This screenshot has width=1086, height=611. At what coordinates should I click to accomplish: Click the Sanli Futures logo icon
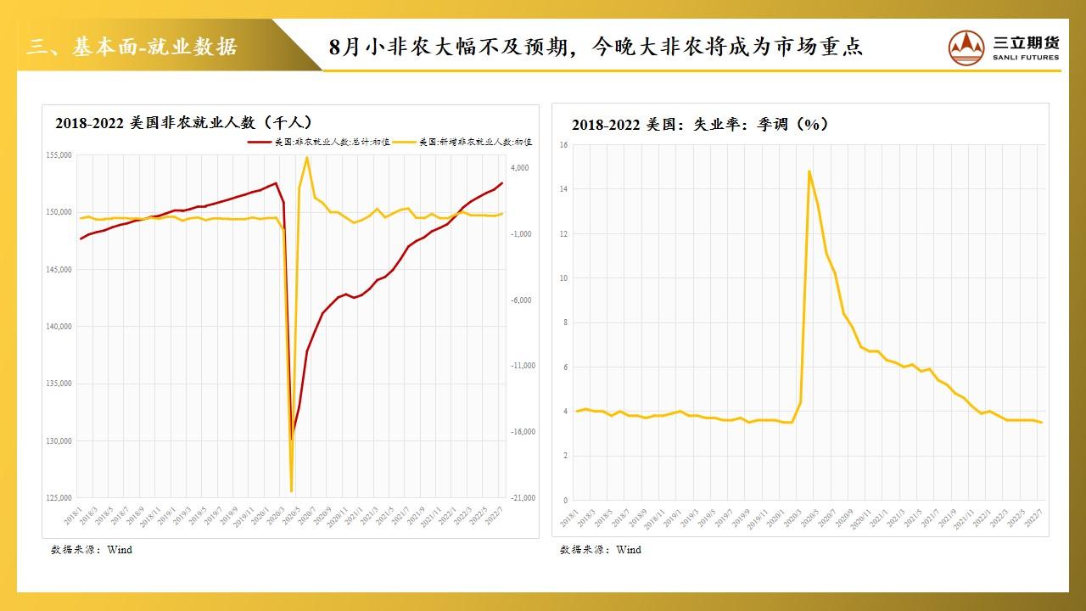[966, 47]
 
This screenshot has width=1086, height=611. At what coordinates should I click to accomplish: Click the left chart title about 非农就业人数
[184, 122]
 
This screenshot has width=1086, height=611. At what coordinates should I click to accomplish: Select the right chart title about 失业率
[700, 125]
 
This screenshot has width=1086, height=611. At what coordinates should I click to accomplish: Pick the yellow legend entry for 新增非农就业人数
[467, 141]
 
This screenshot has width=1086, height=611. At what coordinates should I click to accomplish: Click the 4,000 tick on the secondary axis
[518, 168]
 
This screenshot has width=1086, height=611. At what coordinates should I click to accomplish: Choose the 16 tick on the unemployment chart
[563, 145]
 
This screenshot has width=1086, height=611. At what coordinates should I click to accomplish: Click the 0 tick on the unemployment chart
[564, 501]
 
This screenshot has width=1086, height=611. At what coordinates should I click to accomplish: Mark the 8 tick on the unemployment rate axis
[564, 322]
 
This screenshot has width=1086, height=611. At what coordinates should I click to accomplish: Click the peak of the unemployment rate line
[809, 171]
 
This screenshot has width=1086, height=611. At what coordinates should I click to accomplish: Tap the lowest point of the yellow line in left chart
[291, 490]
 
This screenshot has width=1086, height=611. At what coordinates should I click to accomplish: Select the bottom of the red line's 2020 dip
[291, 439]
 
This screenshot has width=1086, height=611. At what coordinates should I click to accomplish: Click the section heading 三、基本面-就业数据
[132, 46]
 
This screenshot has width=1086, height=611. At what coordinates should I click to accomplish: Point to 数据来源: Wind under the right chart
[601, 550]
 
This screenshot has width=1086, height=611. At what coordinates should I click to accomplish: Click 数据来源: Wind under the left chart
[92, 550]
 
